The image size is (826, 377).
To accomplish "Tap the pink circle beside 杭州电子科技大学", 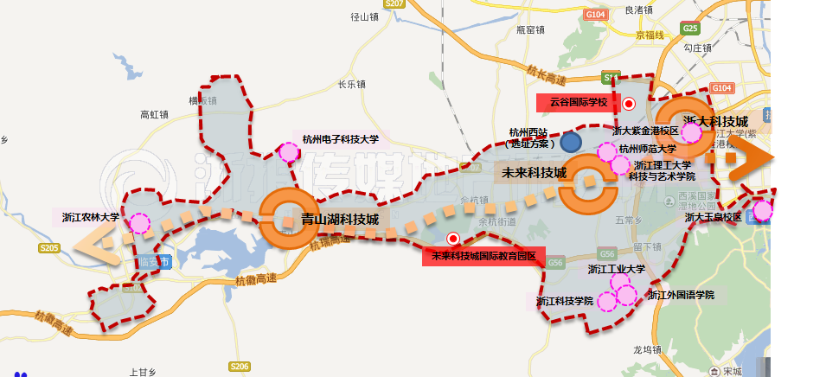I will click(288, 152).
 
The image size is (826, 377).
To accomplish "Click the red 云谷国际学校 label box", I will click(579, 102).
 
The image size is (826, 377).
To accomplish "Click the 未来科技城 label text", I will click(534, 173).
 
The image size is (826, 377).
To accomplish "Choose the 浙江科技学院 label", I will click(564, 301).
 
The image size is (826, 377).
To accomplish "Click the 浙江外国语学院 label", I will click(682, 295).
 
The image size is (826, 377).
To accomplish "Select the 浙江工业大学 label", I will click(617, 269).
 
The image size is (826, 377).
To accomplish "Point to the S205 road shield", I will click(49, 248).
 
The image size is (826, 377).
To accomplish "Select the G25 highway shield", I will click(689, 29).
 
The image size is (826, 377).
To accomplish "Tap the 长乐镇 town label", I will click(352, 85).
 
